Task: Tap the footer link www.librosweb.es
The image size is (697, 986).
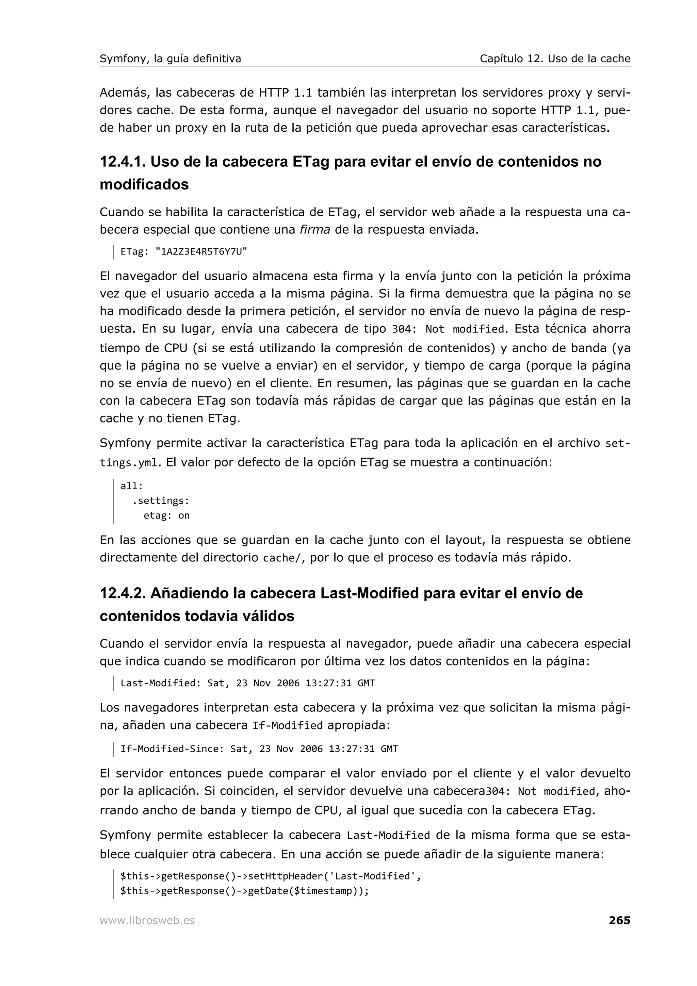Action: (x=147, y=920)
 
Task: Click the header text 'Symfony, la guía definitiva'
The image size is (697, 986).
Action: (x=170, y=59)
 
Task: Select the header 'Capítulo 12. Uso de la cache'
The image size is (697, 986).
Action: (x=555, y=59)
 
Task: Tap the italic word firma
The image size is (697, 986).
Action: (x=315, y=230)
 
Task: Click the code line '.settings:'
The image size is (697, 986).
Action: (x=161, y=501)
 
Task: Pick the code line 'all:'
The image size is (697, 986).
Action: (x=131, y=486)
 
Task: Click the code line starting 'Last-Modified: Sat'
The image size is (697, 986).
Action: (x=247, y=683)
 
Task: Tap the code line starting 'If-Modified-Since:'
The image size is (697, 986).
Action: (x=259, y=749)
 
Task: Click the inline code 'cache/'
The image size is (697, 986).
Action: (x=282, y=558)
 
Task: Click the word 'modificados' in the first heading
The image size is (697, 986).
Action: (x=144, y=185)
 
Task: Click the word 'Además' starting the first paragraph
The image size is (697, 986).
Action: (x=125, y=93)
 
